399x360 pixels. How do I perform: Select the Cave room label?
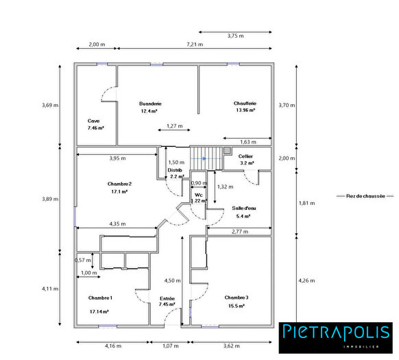point(93,120)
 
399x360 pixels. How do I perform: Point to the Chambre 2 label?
point(119,184)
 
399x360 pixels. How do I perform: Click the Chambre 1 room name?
point(100,298)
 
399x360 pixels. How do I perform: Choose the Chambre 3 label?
point(237,297)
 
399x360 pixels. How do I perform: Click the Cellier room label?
point(246,156)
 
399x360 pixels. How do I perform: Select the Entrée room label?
point(167,298)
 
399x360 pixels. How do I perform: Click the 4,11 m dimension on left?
point(49,289)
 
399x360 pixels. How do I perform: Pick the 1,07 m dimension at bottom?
point(169,347)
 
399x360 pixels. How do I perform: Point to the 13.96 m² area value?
point(245,110)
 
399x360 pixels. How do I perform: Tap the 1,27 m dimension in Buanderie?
point(175,126)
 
